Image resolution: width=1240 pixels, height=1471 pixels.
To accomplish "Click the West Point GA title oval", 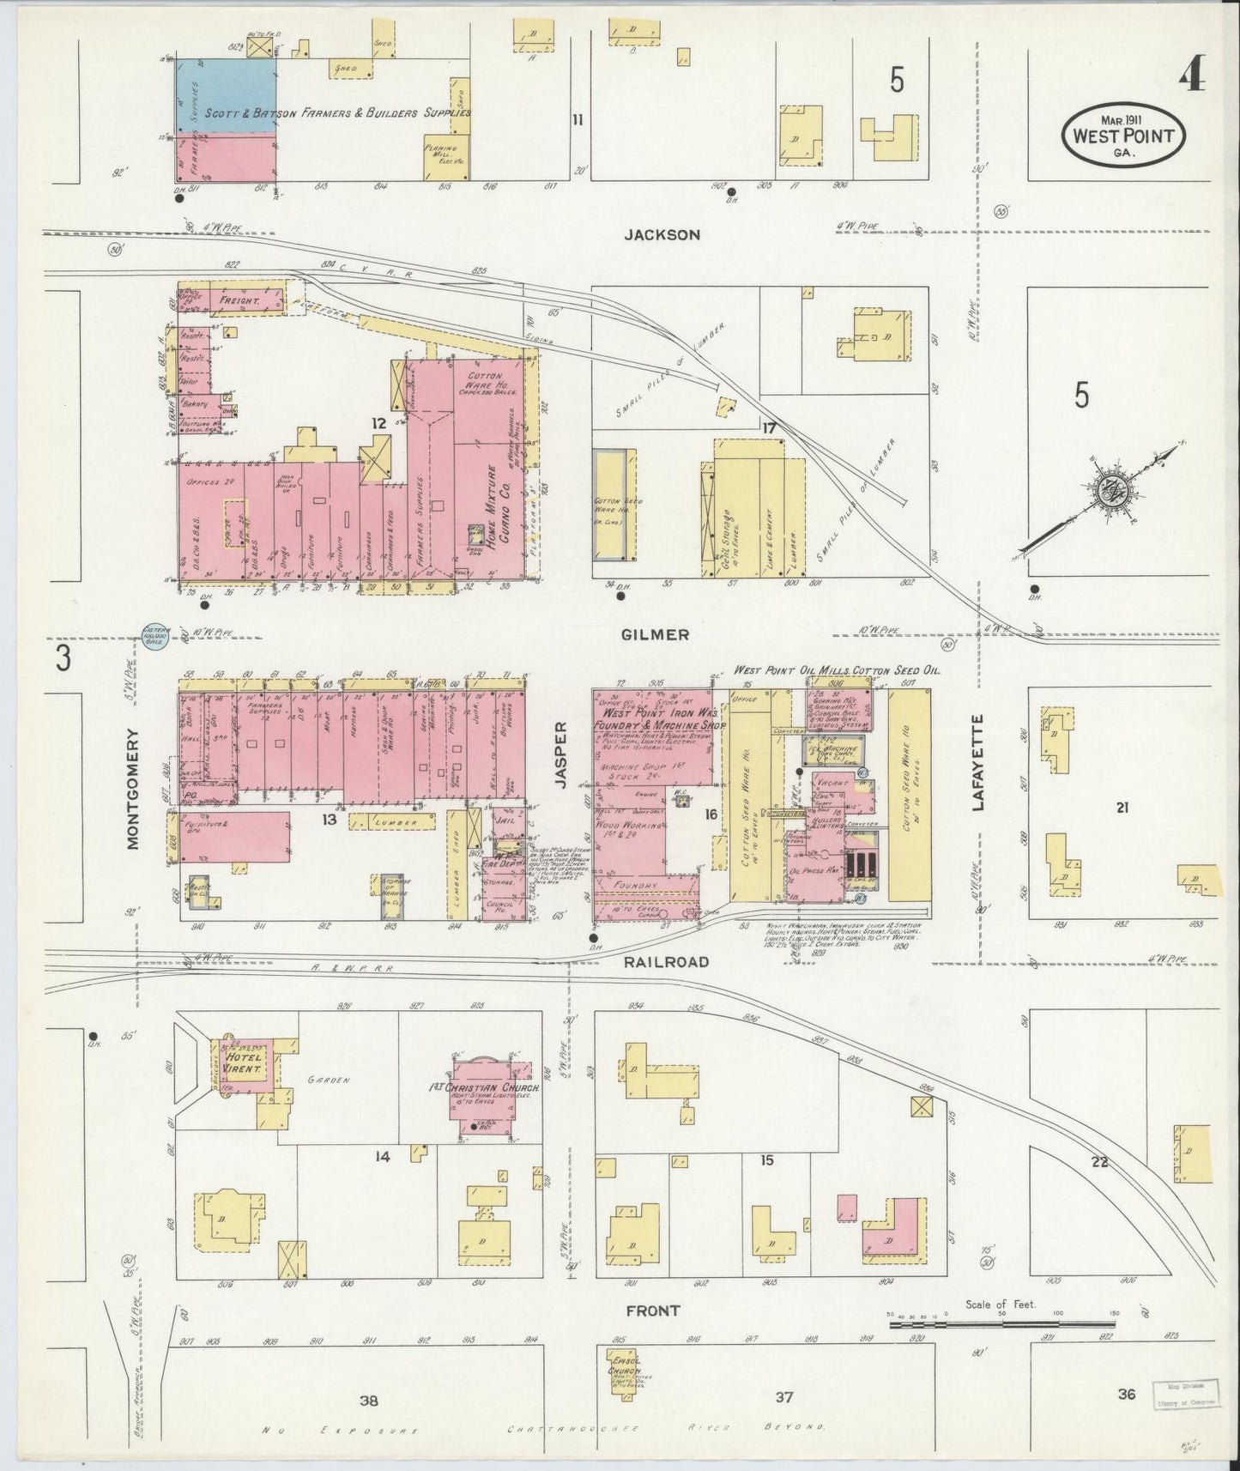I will [1123, 134].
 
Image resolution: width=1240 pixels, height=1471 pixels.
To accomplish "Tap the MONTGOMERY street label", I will [133, 789].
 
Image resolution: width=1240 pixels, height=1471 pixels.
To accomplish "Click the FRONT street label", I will [654, 1311].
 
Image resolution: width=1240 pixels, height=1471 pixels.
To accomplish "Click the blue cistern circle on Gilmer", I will [156, 637].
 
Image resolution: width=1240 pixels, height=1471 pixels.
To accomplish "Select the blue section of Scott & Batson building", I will [227, 96].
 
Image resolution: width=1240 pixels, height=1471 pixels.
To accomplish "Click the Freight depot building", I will [233, 301].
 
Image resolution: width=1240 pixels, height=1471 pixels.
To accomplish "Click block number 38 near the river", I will [369, 1401].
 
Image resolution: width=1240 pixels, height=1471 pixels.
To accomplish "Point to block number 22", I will [1099, 1163].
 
